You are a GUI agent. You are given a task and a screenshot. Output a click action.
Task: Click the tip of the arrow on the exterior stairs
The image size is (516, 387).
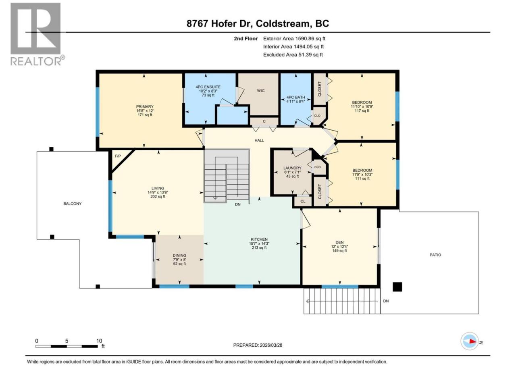click(x=306, y=301)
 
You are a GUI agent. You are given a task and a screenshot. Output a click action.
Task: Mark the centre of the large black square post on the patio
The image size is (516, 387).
click(x=397, y=287)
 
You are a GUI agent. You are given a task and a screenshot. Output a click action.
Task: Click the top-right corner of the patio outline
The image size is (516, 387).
click(x=479, y=212)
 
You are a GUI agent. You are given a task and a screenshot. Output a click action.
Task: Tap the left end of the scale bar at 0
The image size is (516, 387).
click(x=36, y=346)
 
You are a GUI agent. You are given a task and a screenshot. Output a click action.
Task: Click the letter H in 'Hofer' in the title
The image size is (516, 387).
click(x=214, y=23)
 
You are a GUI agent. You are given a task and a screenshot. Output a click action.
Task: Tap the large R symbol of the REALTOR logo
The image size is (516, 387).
click(x=35, y=29)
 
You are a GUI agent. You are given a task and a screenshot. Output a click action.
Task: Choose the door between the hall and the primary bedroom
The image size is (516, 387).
click(x=200, y=138)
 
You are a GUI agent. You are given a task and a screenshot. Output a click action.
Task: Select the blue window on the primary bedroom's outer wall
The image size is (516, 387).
click(x=98, y=112)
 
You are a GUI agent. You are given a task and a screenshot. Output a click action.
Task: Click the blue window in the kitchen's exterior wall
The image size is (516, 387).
click(x=244, y=286)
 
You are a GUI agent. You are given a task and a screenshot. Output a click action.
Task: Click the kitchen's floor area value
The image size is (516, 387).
click(x=259, y=248)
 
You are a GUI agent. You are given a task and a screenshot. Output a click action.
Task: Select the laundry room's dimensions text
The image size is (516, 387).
click(x=292, y=172)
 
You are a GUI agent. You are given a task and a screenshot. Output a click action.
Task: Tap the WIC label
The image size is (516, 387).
click(x=261, y=91)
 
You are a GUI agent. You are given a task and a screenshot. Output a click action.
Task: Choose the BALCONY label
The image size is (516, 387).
click(x=73, y=204)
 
